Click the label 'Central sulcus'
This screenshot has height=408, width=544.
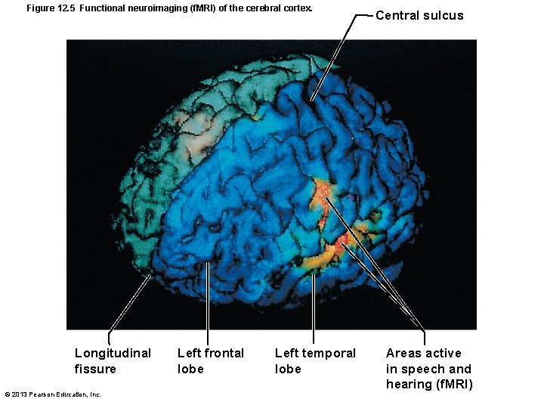(419, 15)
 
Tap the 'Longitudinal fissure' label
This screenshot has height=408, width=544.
(113, 360)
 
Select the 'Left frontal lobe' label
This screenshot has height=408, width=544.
(210, 360)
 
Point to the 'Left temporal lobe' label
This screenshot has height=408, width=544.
(315, 360)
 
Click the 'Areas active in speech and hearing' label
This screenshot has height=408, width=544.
(428, 369)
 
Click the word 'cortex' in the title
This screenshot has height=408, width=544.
(296, 8)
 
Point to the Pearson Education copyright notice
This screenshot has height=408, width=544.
(52, 394)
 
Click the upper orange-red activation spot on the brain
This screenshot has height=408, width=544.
(322, 193)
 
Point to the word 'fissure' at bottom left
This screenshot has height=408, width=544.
(95, 369)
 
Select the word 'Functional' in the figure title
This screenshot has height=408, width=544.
(99, 8)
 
